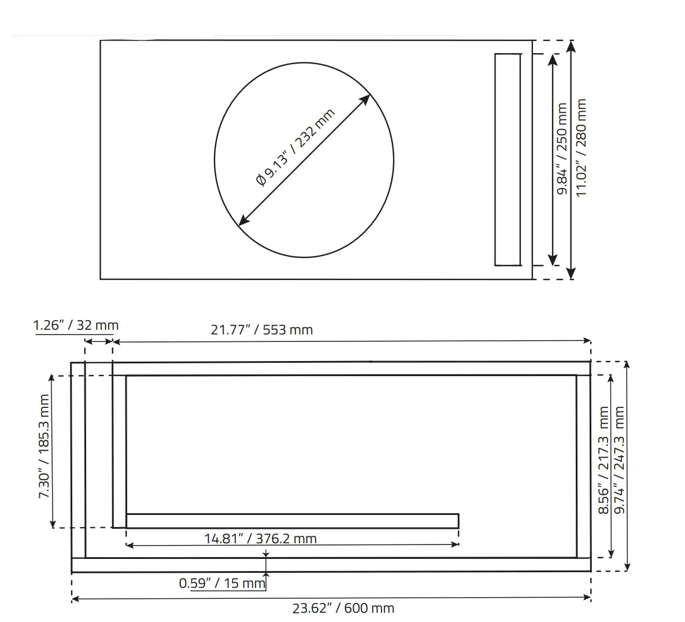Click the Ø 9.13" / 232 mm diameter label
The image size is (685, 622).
pos(295,148)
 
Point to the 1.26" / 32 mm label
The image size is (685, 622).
pos(76,325)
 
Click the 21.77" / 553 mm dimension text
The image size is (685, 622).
pos(262,330)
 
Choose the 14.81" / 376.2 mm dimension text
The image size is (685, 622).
pos(260,539)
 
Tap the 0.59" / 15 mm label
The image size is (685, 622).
pos(222,583)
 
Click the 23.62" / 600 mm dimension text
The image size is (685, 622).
pos(343,608)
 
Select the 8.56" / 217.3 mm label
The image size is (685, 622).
pos(603,460)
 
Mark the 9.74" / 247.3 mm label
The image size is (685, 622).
pos(620,460)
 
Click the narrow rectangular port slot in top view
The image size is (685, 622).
pos(507,160)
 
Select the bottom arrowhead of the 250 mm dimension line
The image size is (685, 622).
pos(553,261)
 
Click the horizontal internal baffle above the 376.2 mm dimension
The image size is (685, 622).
pos(292,521)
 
